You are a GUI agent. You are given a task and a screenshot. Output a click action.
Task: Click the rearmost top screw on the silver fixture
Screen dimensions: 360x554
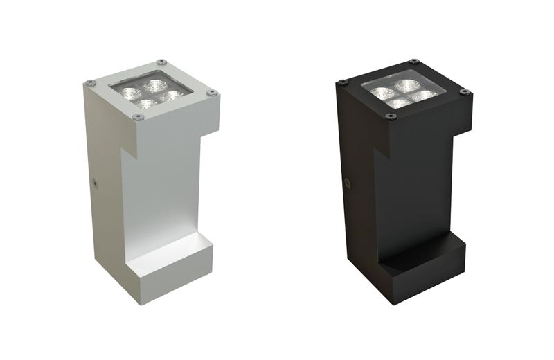161,61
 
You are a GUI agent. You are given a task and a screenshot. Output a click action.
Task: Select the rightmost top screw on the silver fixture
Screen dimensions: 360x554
213,92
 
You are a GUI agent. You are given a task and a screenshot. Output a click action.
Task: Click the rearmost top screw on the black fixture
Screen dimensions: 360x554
413,61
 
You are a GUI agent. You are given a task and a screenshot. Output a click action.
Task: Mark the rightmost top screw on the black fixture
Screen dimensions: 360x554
465,91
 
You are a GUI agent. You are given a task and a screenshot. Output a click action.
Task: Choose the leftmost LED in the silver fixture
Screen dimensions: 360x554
129,91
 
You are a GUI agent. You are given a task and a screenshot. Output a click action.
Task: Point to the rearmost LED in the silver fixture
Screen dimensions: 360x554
154,84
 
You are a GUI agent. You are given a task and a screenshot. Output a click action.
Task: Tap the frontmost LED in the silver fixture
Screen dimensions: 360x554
145,104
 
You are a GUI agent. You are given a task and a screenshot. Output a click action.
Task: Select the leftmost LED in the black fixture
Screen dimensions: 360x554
382,91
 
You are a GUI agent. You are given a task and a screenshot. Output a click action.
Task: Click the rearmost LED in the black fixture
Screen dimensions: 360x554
406,84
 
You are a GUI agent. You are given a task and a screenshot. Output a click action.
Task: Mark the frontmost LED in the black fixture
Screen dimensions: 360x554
399,104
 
